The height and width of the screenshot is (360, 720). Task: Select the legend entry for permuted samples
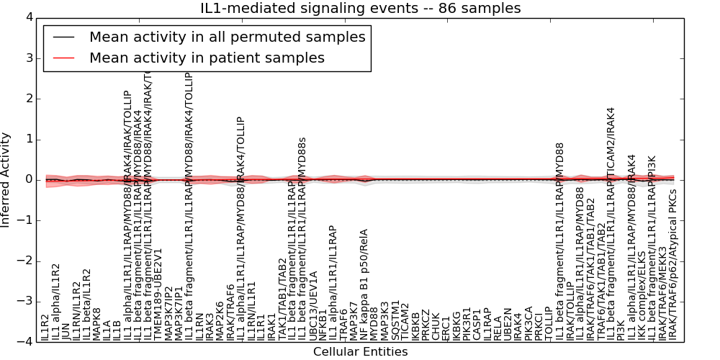pos(226,37)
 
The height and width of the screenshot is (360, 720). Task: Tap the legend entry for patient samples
pos(207,58)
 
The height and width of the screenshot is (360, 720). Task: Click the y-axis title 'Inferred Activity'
pos(6,179)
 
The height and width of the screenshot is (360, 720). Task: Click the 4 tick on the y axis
pos(29,17)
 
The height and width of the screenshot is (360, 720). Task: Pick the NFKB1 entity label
pos(323,326)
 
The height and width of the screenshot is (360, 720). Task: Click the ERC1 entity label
pos(446,328)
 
